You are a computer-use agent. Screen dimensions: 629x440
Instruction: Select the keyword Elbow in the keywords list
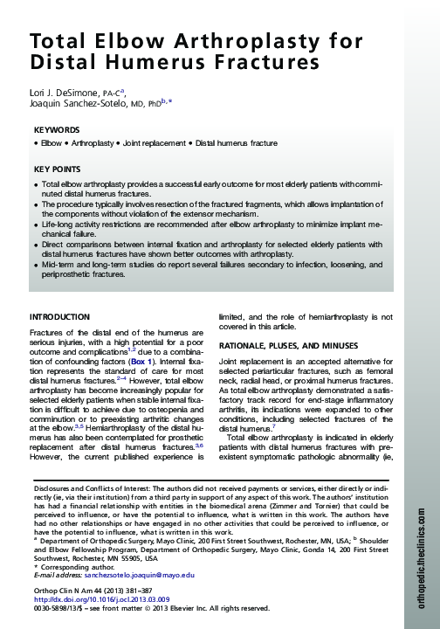[x=51, y=142]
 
